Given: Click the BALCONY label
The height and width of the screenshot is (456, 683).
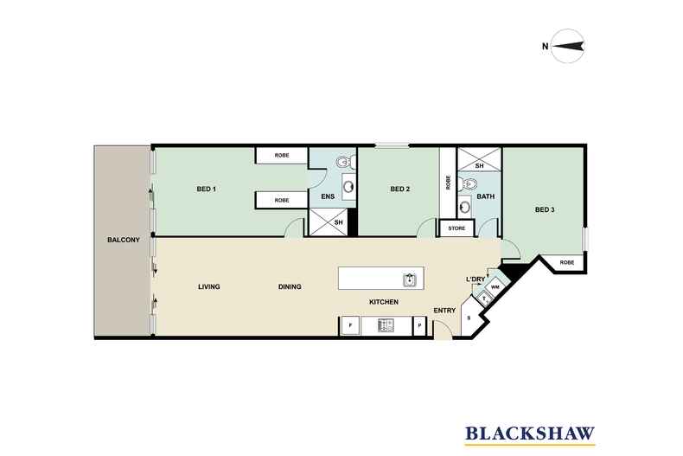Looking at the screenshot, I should (x=123, y=240).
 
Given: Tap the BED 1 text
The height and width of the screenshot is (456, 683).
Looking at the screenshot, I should (x=207, y=189).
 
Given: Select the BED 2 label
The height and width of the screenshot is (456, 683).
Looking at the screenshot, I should (x=399, y=189).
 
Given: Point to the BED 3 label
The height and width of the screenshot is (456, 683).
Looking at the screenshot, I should (x=544, y=209).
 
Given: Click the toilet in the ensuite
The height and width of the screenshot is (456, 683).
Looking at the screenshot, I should (x=343, y=161).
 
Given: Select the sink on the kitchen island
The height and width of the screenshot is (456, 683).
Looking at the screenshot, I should (x=409, y=279).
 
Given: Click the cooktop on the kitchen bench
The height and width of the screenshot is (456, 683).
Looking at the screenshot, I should (x=385, y=325).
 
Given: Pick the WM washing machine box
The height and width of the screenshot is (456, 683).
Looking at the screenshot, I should (x=495, y=286).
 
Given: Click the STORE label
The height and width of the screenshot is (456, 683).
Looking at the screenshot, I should (x=456, y=228).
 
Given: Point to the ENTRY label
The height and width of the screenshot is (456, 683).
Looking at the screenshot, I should (x=444, y=311).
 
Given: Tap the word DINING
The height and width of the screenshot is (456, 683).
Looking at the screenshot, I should (x=290, y=286).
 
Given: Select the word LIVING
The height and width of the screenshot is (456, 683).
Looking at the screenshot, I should (x=209, y=286).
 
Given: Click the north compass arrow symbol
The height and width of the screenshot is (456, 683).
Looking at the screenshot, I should (x=568, y=46).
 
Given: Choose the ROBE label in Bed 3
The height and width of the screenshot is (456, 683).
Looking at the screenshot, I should (x=566, y=261).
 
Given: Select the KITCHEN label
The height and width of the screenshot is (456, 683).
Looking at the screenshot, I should (x=383, y=302).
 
